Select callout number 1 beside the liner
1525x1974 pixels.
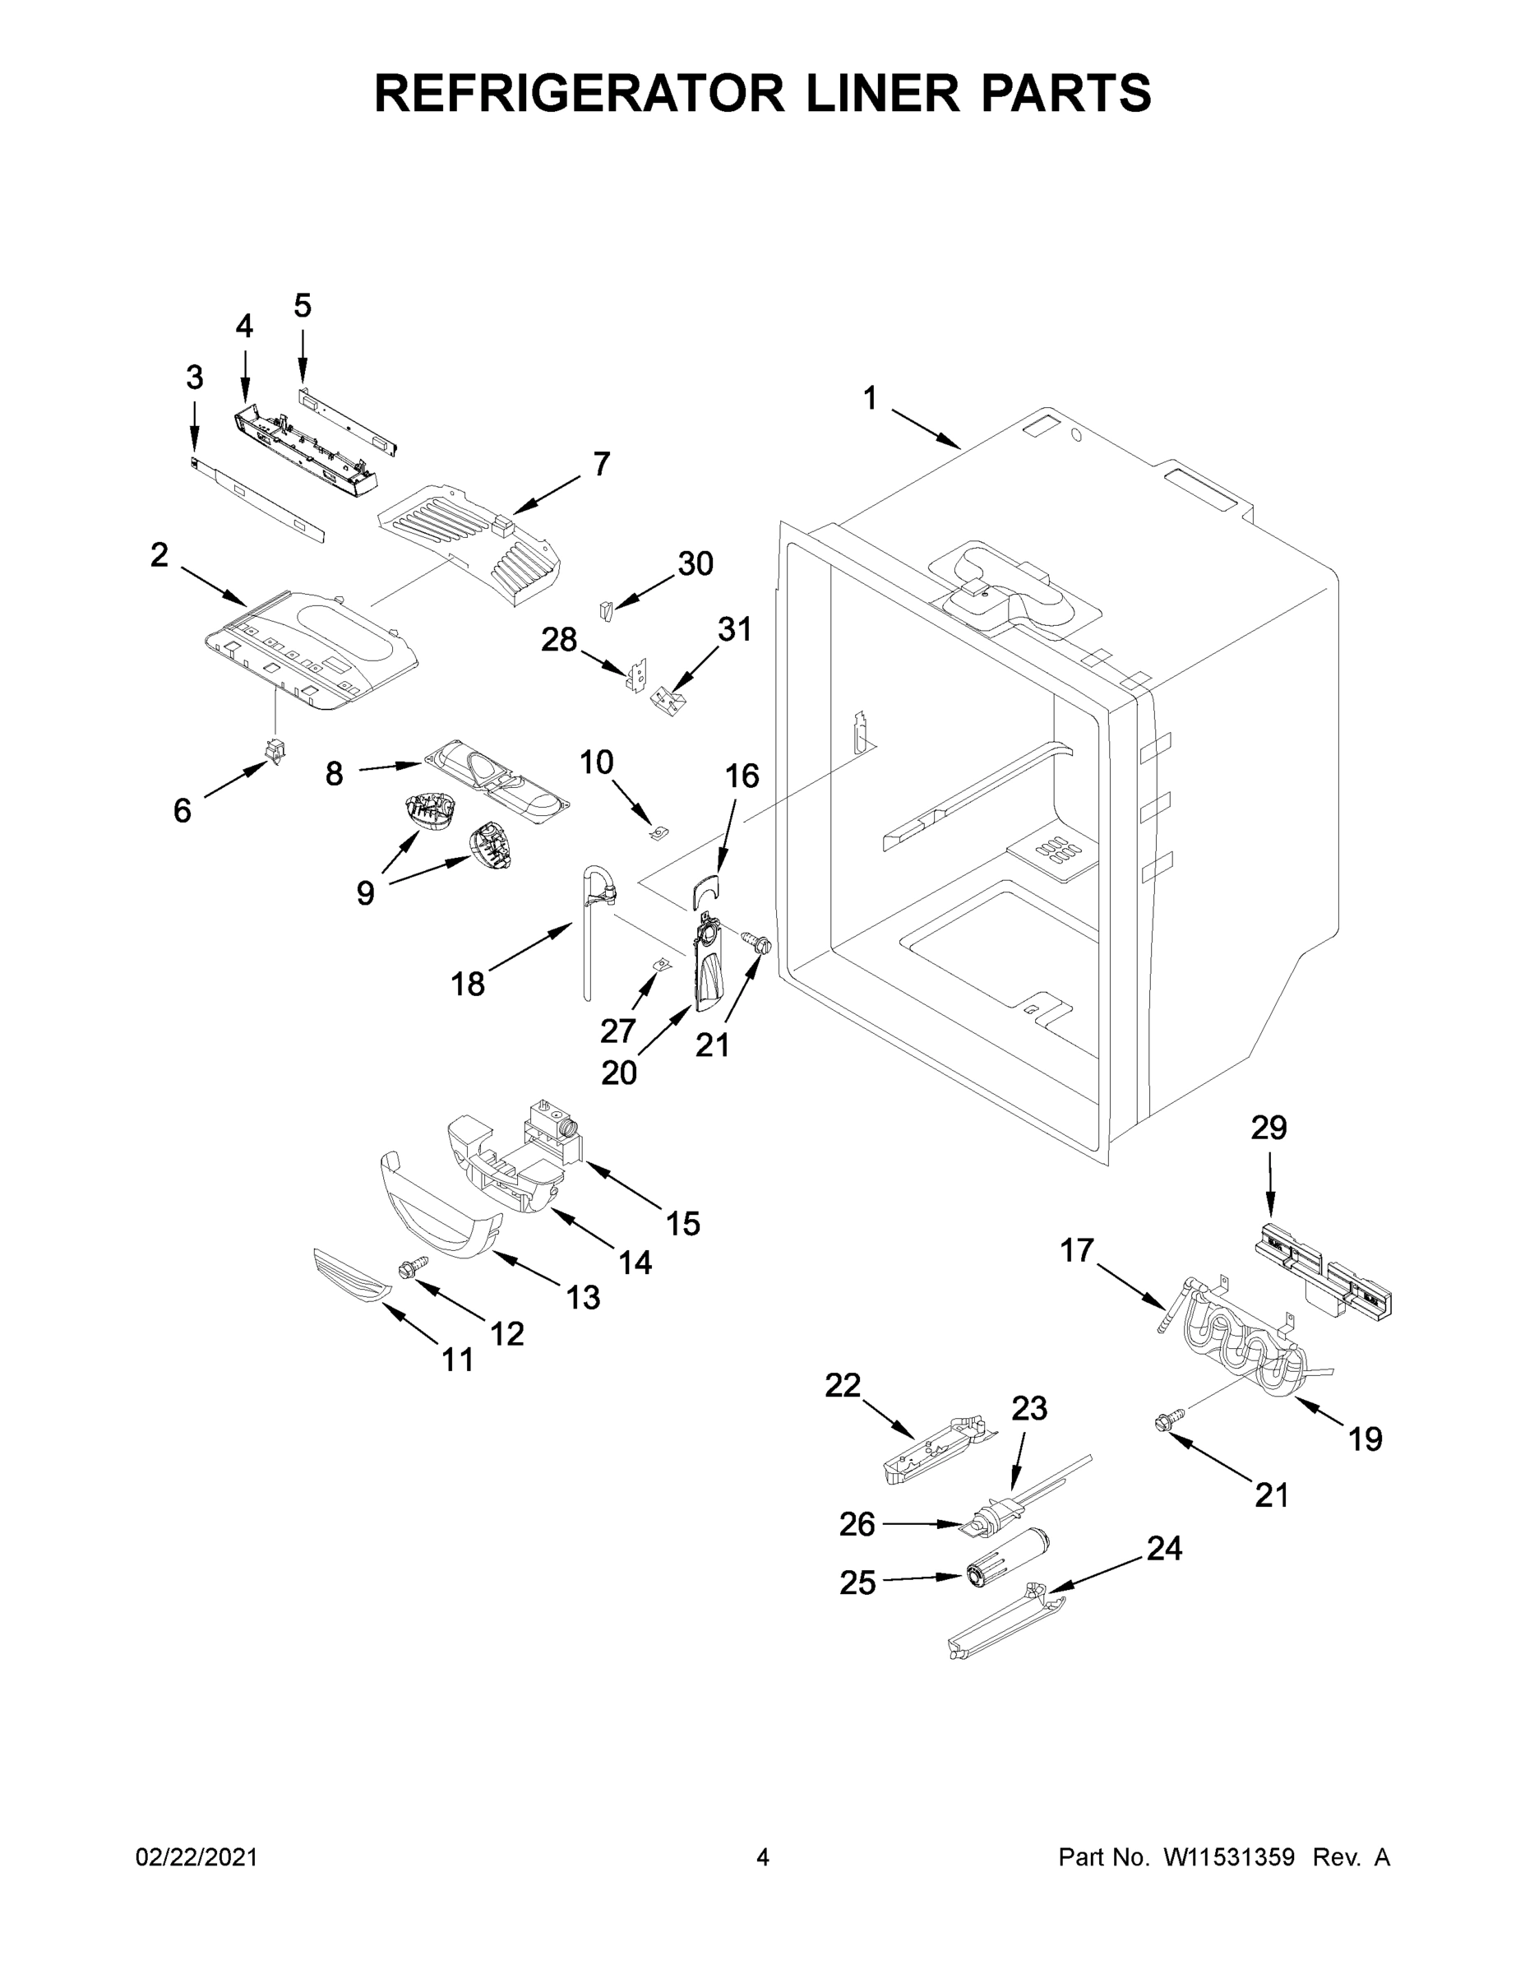[869, 399]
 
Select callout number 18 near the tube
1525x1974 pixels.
[468, 984]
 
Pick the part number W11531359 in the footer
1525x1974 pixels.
[1229, 1858]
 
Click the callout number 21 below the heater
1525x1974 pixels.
[1271, 1495]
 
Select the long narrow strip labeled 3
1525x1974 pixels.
[258, 501]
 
